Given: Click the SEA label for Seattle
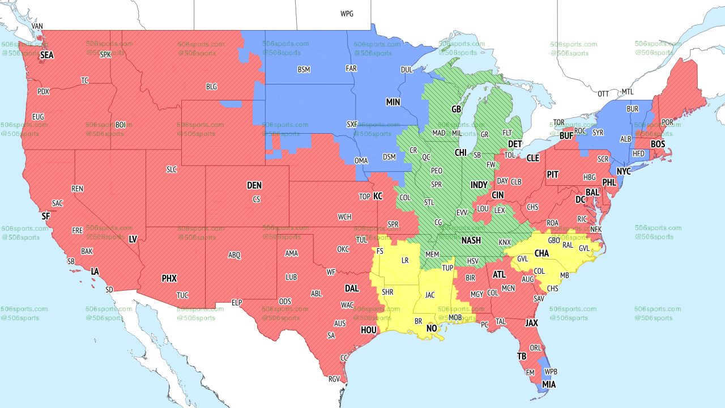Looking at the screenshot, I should [46, 56].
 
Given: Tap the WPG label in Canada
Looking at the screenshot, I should [347, 14].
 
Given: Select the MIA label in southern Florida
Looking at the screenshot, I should [548, 385].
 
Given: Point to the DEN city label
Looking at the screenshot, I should [254, 185].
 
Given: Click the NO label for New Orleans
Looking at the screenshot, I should [432, 329].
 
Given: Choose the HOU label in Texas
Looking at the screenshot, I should [368, 330].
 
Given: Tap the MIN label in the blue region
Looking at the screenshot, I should [393, 102].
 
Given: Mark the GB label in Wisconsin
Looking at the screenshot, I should [456, 109].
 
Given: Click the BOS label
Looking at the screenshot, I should [658, 144].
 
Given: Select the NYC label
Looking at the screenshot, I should [624, 171].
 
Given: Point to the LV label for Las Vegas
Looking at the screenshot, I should [133, 240].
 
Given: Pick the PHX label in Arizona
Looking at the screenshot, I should [169, 278].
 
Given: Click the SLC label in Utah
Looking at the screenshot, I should [172, 169].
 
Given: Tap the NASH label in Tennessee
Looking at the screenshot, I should [471, 240].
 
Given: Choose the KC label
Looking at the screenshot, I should [378, 196].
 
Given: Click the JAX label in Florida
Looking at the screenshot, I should [531, 323].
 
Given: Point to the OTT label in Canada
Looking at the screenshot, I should [603, 93].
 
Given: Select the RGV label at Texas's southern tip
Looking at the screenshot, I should [334, 379].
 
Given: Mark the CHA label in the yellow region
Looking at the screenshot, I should [541, 253].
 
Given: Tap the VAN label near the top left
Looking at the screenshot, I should [37, 26].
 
